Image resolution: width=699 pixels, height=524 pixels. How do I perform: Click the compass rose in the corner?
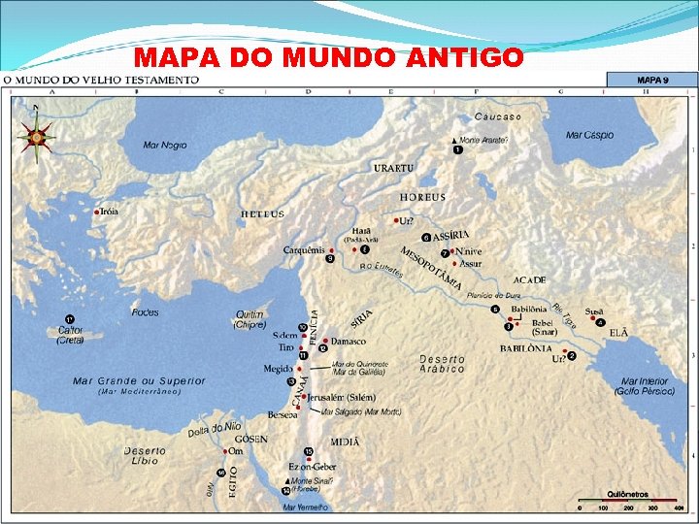36,138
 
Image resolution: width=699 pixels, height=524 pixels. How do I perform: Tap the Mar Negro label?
164,146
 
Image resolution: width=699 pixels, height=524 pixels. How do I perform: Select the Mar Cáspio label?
589,135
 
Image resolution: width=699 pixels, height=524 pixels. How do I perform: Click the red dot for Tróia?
96,212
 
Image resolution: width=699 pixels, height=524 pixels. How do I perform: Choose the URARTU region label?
393,168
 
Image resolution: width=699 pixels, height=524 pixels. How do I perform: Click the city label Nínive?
468,251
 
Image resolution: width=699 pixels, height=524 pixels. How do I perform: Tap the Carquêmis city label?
304,249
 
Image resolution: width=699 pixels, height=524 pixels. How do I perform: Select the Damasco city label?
348,342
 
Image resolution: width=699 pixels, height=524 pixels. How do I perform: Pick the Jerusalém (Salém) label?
339,397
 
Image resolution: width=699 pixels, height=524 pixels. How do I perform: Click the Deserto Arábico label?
442,364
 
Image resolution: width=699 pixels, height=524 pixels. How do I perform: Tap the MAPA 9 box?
651,80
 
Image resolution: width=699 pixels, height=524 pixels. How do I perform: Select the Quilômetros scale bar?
628,504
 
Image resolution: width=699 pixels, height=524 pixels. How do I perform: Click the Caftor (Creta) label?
70,335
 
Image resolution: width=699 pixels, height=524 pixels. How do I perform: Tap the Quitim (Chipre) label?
250,319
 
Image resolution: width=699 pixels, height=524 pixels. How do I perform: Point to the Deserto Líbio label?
145,455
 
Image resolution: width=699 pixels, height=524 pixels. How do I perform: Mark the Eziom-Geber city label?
313,467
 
